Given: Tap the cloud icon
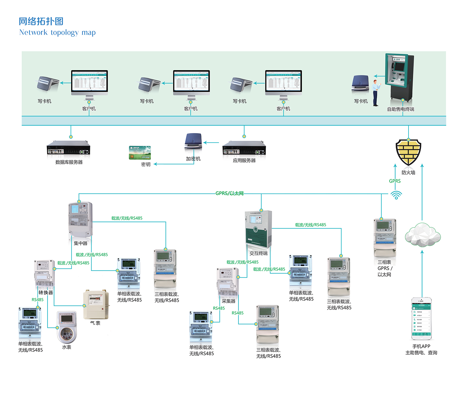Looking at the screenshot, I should pyautogui.click(x=423, y=235).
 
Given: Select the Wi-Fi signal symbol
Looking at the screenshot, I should pyautogui.click(x=396, y=195).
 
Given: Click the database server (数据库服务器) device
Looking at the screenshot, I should pyautogui.click(x=68, y=148).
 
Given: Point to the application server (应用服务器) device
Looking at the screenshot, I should pyautogui.click(x=244, y=148).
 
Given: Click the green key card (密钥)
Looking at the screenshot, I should pyautogui.click(x=140, y=152).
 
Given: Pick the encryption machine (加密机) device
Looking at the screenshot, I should pyautogui.click(x=194, y=142).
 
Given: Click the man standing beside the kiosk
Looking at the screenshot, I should pyautogui.click(x=376, y=93).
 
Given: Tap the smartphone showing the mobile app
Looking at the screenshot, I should pyautogui.click(x=421, y=319).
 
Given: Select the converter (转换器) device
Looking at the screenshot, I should pyautogui.click(x=45, y=274).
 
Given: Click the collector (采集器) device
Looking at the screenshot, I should pyautogui.click(x=227, y=282).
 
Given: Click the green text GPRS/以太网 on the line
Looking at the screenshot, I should pyautogui.click(x=229, y=193).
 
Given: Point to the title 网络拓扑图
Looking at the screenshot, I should pyautogui.click(x=41, y=21).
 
